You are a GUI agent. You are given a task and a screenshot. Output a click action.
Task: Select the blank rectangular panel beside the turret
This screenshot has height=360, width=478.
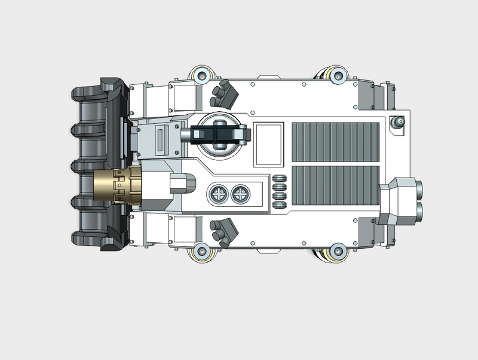point(268,144)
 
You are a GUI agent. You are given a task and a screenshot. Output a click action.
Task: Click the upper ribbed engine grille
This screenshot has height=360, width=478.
point(336,142)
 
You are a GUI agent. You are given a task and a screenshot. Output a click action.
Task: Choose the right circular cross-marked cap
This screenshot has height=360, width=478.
point(240,194)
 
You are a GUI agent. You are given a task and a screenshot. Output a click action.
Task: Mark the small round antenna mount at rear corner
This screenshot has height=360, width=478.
point(396,123)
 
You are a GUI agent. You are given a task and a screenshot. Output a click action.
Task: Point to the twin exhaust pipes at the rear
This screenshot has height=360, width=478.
point(419,200)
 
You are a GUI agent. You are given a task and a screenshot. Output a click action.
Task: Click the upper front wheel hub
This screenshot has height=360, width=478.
point(201,76)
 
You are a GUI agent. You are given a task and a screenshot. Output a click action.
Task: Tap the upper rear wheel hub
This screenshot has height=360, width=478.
point(337,76)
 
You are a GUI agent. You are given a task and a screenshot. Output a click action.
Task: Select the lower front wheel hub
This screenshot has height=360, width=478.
point(201,251)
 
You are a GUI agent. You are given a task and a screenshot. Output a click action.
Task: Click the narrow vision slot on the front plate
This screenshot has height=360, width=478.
point(160,141)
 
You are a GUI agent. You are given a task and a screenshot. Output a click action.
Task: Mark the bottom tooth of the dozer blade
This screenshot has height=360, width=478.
point(84,239)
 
